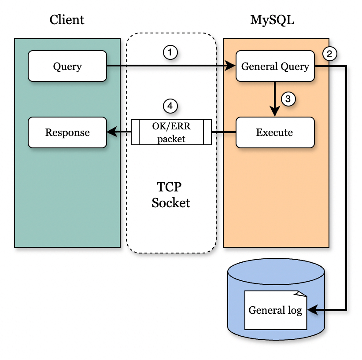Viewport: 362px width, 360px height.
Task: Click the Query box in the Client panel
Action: (x=67, y=66)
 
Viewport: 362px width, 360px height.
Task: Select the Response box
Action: (x=67, y=132)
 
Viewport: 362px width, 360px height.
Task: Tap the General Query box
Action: (x=275, y=66)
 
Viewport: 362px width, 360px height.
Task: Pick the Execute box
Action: (x=275, y=132)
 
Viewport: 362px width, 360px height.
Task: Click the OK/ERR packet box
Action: (x=171, y=132)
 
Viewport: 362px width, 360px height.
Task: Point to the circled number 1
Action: (x=170, y=52)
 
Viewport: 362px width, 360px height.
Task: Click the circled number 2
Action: (x=330, y=54)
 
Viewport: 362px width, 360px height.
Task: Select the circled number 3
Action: (x=288, y=99)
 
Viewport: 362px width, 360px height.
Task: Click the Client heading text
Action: (x=67, y=20)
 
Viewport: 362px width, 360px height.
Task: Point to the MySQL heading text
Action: (x=272, y=20)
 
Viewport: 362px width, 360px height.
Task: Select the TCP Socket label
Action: (x=171, y=195)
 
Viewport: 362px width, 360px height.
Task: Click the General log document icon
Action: (x=276, y=310)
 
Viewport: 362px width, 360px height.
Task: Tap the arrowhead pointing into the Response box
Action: (x=111, y=132)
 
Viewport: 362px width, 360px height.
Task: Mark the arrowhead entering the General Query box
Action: (x=232, y=66)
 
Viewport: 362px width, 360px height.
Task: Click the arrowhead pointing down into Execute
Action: (x=275, y=113)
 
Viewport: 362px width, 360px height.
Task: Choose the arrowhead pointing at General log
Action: (x=311, y=310)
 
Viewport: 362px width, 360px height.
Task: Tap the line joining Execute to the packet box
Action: (x=224, y=132)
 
